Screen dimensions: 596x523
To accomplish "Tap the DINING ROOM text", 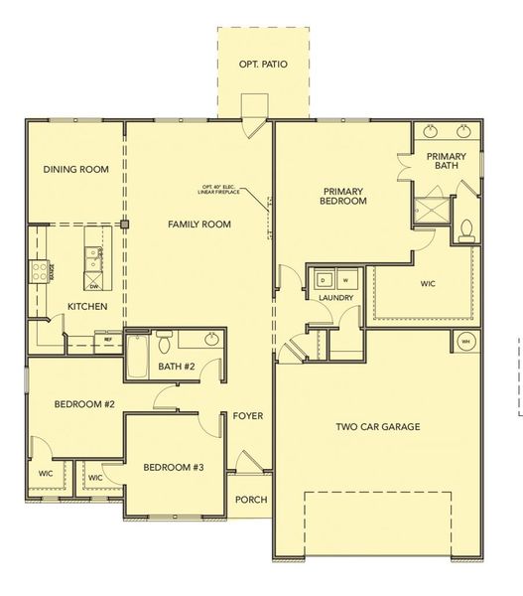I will [x=75, y=170].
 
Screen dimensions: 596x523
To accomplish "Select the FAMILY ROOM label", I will [x=199, y=224].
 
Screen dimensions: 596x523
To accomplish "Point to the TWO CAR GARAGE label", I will [x=377, y=427].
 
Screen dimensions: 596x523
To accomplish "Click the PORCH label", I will [x=250, y=500].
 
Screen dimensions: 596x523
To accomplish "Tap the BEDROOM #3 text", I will [x=173, y=466].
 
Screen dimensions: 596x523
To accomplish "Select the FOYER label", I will [x=248, y=415].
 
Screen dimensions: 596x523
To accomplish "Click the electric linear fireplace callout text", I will [x=221, y=191].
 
